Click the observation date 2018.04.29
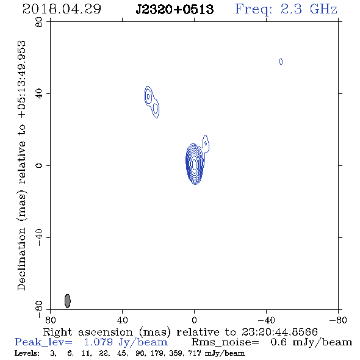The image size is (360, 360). coord(62,9)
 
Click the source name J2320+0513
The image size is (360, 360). coord(175,9)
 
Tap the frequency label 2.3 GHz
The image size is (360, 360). coord(309,9)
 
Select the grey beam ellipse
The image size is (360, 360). coord(68,301)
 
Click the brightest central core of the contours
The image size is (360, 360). coord(195,164)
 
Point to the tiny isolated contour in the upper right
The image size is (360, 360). coord(281,62)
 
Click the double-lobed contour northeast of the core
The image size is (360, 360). coord(151,102)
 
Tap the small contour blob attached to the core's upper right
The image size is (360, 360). coord(206,143)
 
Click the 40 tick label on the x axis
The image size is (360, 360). coord(122,320)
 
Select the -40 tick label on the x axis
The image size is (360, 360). coord(266,320)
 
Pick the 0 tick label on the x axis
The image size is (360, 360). coord(194,320)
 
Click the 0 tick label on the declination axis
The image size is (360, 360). coord(39,165)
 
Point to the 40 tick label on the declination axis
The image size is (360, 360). coord(39,94)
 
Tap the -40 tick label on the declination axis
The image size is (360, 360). coord(39,237)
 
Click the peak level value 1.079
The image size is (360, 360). coord(98,342)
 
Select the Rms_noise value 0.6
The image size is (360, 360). coord(278,342)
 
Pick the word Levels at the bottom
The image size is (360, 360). coord(27,353)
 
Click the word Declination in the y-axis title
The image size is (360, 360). coord(21,259)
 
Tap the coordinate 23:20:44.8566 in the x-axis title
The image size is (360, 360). coord(279,332)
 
